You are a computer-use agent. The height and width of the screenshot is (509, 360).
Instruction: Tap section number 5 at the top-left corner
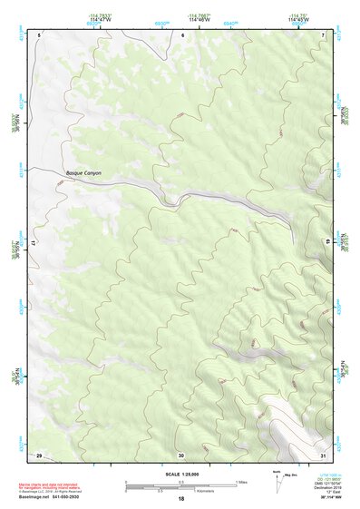(x=40, y=34)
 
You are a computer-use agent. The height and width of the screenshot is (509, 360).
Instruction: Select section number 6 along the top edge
(x=182, y=34)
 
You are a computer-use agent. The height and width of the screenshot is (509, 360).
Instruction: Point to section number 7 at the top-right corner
(x=324, y=34)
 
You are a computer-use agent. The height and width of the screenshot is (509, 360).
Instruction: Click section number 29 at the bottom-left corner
(x=39, y=454)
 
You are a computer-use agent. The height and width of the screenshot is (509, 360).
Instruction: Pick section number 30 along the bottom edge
(x=181, y=454)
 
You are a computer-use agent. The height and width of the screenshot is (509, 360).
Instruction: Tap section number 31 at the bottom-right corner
(x=323, y=454)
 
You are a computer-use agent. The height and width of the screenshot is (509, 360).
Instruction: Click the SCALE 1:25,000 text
(x=180, y=475)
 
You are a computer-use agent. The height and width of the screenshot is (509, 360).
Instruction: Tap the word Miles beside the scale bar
(x=241, y=481)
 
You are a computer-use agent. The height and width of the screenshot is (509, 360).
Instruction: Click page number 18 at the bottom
(x=180, y=499)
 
